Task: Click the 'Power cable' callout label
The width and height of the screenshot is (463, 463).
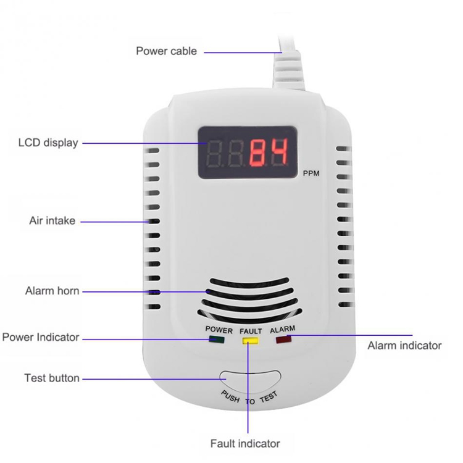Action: click(166, 51)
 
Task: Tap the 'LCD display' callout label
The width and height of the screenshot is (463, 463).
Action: click(48, 143)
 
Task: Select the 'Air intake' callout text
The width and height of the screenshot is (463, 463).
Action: click(52, 220)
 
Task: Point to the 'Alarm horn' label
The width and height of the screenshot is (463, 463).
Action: click(52, 290)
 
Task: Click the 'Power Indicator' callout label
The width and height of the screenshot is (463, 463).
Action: click(41, 338)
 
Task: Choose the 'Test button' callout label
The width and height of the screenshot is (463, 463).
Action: click(52, 378)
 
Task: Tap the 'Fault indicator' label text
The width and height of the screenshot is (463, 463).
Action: click(245, 443)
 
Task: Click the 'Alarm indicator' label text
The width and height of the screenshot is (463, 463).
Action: click(404, 346)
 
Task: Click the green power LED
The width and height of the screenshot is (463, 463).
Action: click(217, 339)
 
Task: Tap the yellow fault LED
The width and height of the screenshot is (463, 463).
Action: click(249, 339)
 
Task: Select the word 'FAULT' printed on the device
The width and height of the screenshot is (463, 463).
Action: click(251, 331)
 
